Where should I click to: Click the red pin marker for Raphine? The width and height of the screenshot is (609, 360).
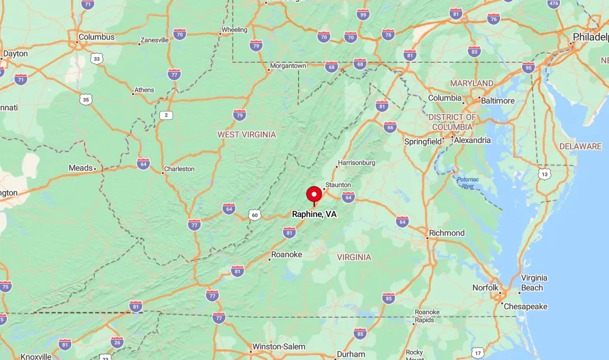(x=314, y=195)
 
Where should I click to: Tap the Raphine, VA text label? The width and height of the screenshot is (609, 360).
(x=314, y=214)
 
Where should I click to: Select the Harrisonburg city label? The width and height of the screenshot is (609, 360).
(x=356, y=163)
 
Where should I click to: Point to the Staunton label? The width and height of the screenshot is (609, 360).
(x=338, y=185)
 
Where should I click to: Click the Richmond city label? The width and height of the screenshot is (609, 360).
(x=446, y=233)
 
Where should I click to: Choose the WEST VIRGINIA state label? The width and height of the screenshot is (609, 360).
(x=247, y=135)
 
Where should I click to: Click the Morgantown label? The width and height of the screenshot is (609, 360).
(x=288, y=66)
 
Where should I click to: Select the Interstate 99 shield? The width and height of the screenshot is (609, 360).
(x=363, y=15)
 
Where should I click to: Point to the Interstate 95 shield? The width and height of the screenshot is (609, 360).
(x=528, y=67)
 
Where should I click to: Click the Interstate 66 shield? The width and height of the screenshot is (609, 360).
(x=390, y=127)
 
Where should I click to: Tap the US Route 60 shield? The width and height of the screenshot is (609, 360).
(x=255, y=215)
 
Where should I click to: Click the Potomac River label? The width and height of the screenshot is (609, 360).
(x=467, y=182)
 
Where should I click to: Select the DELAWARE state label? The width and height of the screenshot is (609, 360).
(x=580, y=146)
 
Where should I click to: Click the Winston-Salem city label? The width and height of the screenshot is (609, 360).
(x=279, y=346)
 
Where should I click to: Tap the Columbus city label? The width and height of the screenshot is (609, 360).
(x=96, y=37)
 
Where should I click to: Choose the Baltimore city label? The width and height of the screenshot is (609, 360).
(x=497, y=101)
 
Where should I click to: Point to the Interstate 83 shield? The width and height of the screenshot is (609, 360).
(x=474, y=51)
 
